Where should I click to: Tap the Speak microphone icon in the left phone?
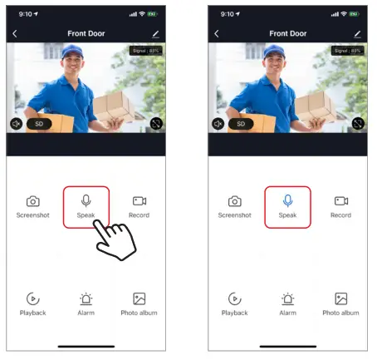point(86,200)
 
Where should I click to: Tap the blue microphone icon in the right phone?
point(287,200)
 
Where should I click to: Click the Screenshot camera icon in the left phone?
point(32,201)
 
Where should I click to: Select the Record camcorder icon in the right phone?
point(340,201)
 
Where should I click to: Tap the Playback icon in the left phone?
point(32,298)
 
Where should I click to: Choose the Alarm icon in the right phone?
point(287,298)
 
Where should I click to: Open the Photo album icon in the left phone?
point(139,298)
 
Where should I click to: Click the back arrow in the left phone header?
point(15,33)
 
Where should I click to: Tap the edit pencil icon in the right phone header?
point(357,33)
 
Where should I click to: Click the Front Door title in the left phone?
point(86,33)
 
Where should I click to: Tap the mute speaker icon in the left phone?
point(16,123)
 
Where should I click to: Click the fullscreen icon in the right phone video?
point(358,123)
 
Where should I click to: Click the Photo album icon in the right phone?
point(340,298)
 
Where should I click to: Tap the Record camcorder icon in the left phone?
point(139,201)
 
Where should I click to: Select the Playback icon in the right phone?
point(235,298)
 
